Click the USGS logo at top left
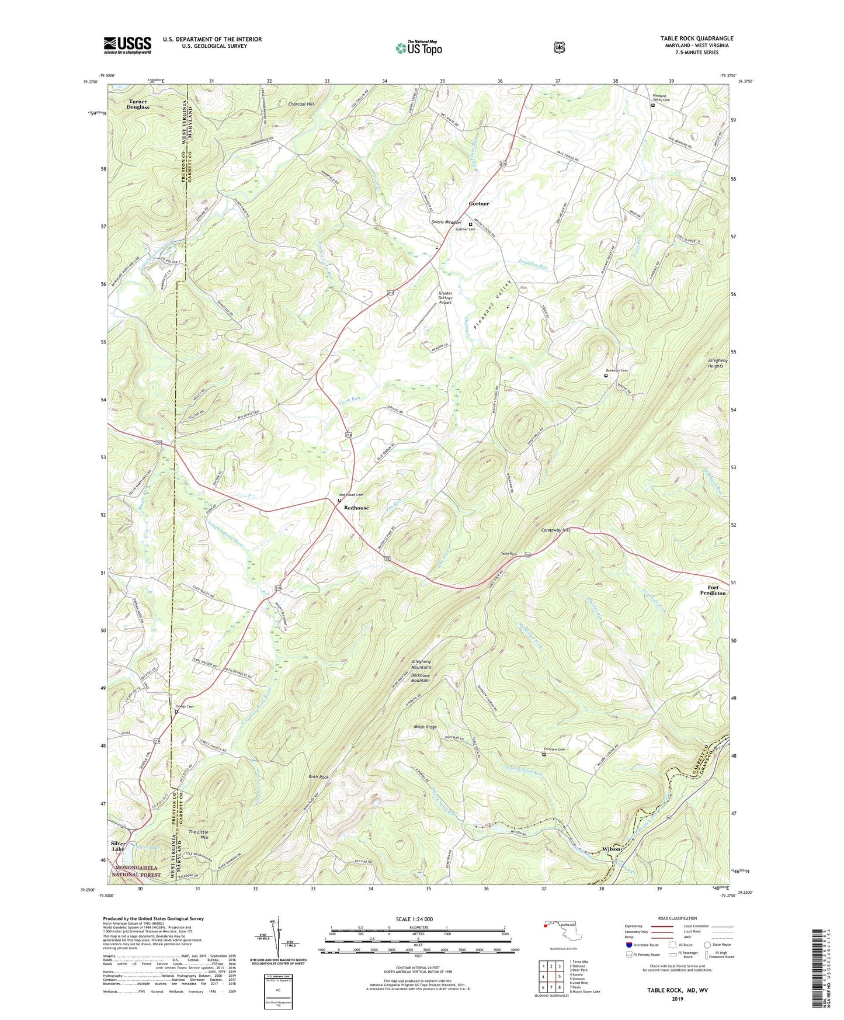coord(127,45)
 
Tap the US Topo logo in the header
coord(418,48)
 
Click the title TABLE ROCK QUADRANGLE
coord(696,39)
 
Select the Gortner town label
coord(479,204)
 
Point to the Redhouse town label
coord(356,508)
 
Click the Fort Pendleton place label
coord(713,590)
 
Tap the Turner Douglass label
coord(138,104)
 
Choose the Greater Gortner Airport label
coord(445,298)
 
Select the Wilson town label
coord(614,849)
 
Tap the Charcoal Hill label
coord(301,104)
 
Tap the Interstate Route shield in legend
coord(628,945)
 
